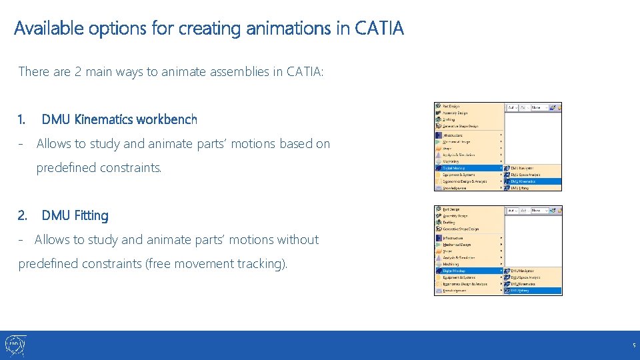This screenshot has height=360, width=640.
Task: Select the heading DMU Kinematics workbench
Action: point(119,119)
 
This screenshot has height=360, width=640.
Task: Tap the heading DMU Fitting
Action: point(75,215)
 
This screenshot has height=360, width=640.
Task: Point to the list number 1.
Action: point(22,119)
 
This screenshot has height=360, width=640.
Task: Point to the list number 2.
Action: point(23,215)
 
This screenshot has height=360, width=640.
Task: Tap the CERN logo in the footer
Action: point(15,345)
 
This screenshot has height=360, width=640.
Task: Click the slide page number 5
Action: point(634,345)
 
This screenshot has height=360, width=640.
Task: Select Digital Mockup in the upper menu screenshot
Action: point(455,168)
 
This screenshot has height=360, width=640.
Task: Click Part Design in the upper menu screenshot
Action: point(451,106)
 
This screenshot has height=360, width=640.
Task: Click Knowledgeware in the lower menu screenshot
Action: point(456,291)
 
